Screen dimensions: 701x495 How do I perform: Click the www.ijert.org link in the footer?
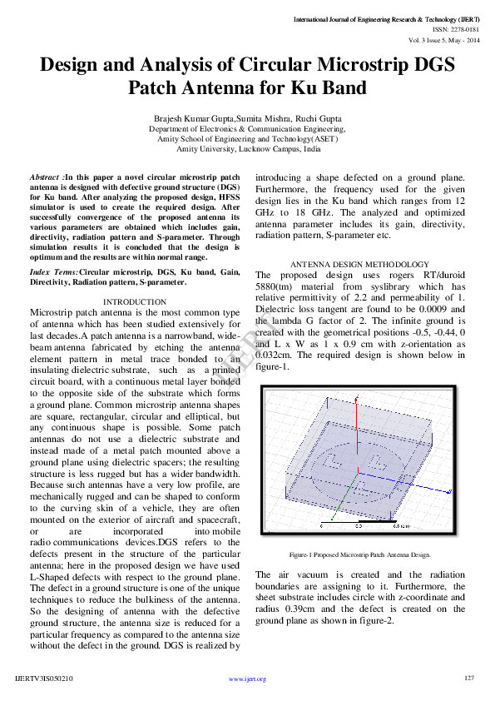pyautogui.click(x=247, y=679)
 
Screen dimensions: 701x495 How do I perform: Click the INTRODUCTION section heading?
pyautogui.click(x=134, y=301)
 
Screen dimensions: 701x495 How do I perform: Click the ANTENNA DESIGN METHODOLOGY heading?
pyautogui.click(x=359, y=264)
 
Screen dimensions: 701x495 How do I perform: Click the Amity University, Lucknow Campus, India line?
pyautogui.click(x=247, y=149)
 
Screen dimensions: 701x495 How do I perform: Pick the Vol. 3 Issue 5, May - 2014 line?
pyautogui.click(x=443, y=39)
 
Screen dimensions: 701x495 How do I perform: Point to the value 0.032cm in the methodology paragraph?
pyautogui.click(x=275, y=354)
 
